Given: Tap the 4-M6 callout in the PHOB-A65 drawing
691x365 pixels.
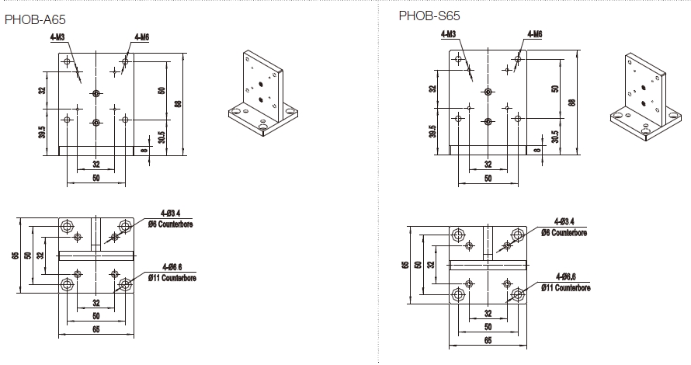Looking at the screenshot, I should point(142,36).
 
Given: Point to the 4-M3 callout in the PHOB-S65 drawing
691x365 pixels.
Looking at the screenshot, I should point(449,34).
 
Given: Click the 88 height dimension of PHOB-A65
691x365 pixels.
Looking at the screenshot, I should point(178,103).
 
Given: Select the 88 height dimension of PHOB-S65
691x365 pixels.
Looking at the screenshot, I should point(572,102).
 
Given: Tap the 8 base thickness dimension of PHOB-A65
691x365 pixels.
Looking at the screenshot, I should point(144,151).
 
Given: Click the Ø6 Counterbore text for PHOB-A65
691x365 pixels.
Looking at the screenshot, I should point(170,224).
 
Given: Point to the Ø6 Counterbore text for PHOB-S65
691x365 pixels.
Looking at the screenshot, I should point(564,232).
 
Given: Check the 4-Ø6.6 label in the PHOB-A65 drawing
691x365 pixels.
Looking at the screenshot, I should point(171,267).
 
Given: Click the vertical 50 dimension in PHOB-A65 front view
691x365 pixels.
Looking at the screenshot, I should point(161,89).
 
